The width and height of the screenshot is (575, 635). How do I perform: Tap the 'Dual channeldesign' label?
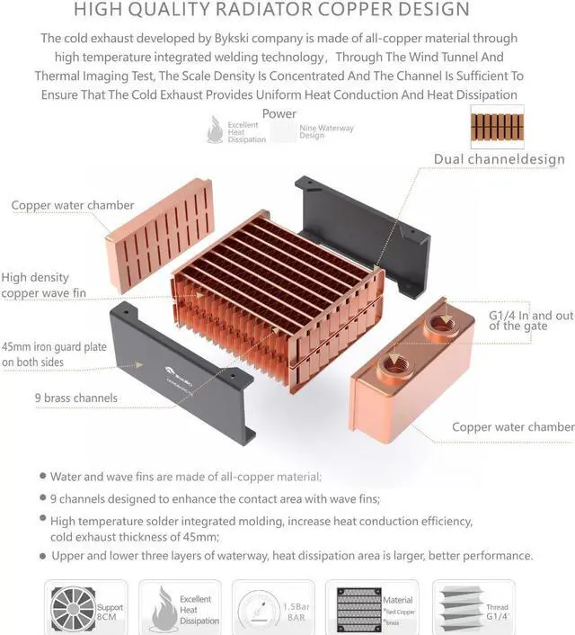click(499, 159)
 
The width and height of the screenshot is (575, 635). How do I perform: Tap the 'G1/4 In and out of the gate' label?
click(530, 320)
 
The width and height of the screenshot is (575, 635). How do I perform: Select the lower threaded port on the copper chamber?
click(394, 363)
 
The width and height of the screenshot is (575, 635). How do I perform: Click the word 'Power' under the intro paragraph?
click(279, 114)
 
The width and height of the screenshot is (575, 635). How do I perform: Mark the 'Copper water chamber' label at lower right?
click(512, 427)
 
